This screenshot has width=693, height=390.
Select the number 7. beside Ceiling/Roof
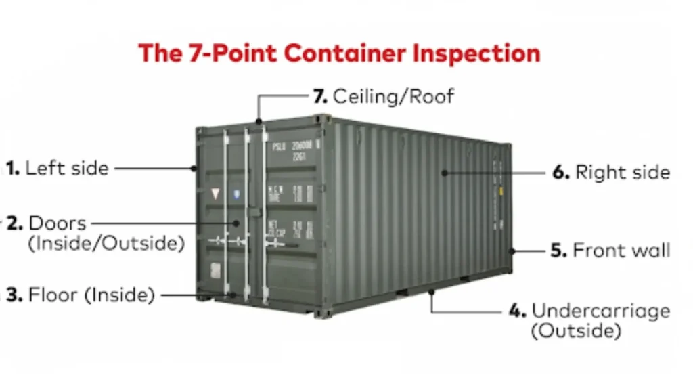pyautogui.click(x=320, y=95)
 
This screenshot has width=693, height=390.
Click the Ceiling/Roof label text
pyautogui.click(x=393, y=95)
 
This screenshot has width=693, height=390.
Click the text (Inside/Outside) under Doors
pyautogui.click(x=106, y=243)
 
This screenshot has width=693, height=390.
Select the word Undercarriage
pyautogui.click(x=601, y=311)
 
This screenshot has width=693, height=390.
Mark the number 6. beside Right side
pyautogui.click(x=561, y=172)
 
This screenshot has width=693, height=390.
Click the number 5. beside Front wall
pyautogui.click(x=558, y=250)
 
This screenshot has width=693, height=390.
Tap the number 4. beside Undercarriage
pyautogui.click(x=517, y=311)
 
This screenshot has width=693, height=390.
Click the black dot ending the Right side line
pyautogui.click(x=445, y=172)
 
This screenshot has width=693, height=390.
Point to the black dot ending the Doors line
pyautogui.click(x=238, y=222)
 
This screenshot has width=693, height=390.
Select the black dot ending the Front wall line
pyautogui.click(x=512, y=251)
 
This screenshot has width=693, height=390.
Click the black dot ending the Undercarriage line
pyautogui.click(x=431, y=292)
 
